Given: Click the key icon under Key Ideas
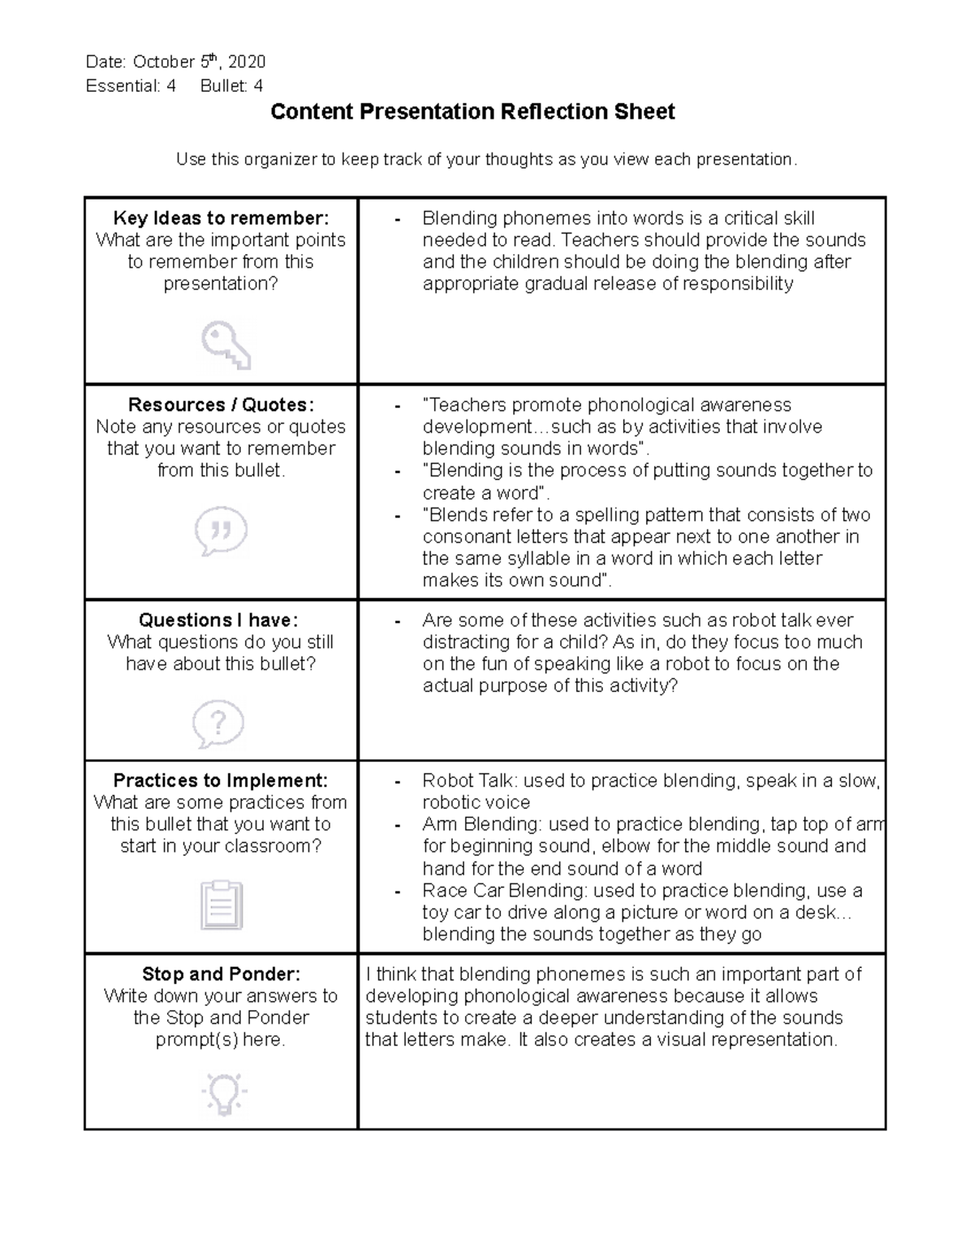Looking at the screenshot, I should tap(226, 346).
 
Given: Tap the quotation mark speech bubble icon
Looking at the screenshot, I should tap(221, 531).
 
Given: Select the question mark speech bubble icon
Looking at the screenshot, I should tap(218, 723).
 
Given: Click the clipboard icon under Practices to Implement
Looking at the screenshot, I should tap(221, 905).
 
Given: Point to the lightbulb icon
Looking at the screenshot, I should tap(223, 1093).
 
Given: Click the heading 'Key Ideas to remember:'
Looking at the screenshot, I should tap(221, 218).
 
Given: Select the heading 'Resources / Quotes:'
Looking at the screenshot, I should tap(221, 405).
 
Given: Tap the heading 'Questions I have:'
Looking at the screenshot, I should tap(219, 620).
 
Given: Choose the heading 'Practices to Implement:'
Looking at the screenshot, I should tap(221, 781).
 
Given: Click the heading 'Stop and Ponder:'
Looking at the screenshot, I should tap(221, 974).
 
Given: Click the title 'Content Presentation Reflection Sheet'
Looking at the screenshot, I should tap(472, 112).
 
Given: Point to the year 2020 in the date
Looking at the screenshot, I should tap(247, 62).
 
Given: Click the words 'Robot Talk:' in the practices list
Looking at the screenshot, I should tap(470, 781).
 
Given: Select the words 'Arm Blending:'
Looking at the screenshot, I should tap(482, 824).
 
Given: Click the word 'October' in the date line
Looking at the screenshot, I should tap(164, 62).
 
